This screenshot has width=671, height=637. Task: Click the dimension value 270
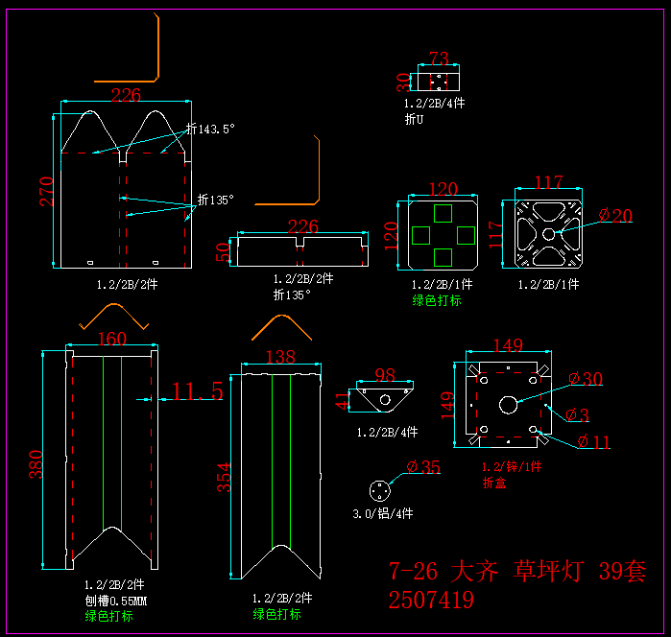coord(46,190)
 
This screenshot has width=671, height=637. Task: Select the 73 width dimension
coord(439,59)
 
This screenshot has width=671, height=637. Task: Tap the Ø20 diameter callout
coord(615,216)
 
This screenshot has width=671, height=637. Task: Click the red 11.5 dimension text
coord(198,390)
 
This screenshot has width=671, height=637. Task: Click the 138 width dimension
coord(279,357)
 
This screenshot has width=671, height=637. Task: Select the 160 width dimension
coord(112,339)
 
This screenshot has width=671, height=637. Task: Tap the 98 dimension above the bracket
coord(385,374)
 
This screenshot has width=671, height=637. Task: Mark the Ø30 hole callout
coord(586,379)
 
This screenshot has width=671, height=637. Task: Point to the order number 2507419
coord(431,601)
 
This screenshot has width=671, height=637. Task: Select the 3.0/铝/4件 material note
coord(383,514)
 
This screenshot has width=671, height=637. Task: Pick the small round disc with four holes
coord(383,489)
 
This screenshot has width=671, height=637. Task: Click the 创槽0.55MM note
coord(114,601)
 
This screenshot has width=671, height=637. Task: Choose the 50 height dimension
coord(225,252)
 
